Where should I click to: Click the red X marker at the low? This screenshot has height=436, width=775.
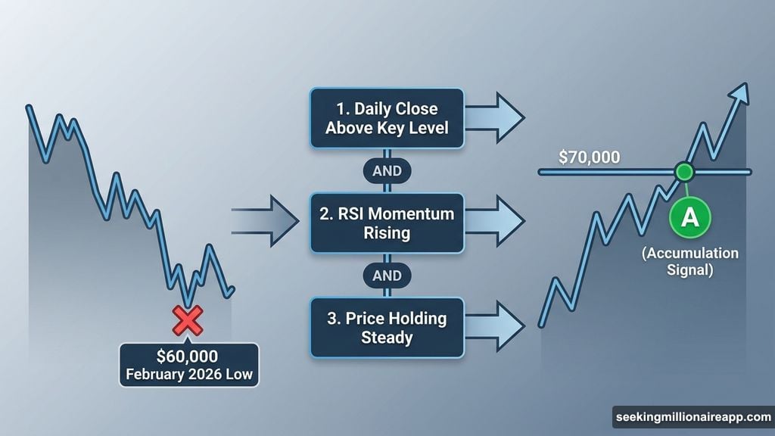[188, 321]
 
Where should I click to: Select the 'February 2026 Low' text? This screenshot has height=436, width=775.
[188, 374]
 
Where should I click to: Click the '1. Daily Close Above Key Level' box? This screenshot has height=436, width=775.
[387, 119]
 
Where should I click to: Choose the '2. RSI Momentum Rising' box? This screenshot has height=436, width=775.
[387, 223]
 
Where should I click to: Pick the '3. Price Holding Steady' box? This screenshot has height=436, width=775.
[387, 327]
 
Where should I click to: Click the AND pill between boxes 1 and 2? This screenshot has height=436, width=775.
[387, 171]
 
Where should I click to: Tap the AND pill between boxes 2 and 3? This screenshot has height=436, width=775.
[387, 275]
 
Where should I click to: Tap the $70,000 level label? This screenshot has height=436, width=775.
[589, 158]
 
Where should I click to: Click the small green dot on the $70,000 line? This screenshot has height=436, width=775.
[684, 172]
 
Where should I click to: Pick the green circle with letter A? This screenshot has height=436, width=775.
[689, 218]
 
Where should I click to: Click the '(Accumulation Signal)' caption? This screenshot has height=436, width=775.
[689, 261]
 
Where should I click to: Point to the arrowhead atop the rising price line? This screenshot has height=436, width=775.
[742, 92]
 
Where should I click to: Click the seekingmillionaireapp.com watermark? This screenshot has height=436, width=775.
[693, 417]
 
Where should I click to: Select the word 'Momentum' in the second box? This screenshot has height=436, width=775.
[412, 214]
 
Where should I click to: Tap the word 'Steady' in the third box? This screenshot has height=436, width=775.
[387, 337]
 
